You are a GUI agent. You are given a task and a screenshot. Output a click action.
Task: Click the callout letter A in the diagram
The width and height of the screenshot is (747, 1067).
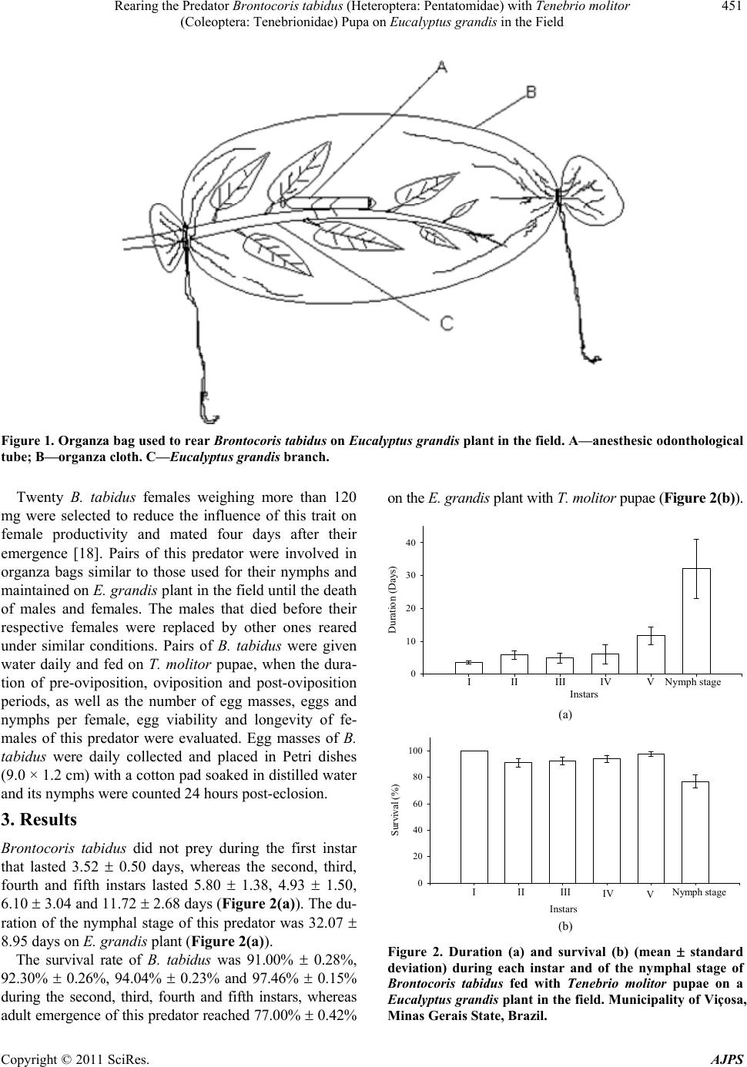click(x=441, y=67)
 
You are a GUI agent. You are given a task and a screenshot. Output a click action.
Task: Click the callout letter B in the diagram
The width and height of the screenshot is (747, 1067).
click(x=531, y=91)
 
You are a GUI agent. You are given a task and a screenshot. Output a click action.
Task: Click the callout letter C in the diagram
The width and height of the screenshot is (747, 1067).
click(x=447, y=323)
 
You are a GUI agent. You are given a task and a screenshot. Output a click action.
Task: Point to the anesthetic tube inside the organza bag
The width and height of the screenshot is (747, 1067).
click(x=330, y=202)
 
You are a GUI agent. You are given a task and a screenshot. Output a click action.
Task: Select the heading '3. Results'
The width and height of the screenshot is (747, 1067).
click(x=39, y=820)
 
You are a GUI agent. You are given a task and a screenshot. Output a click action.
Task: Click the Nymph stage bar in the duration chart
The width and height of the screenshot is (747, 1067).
click(x=696, y=621)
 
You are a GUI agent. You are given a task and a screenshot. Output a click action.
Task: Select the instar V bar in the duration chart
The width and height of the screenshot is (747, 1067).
click(x=651, y=654)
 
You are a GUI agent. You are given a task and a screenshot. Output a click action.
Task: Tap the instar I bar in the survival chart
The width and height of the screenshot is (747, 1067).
click(x=474, y=817)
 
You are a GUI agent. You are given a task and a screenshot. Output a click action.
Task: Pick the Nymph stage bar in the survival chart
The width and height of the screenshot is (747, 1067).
click(x=695, y=832)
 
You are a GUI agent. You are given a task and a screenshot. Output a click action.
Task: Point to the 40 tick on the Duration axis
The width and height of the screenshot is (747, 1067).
click(x=410, y=543)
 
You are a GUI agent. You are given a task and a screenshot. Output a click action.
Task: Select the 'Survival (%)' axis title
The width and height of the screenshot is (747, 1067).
click(x=395, y=810)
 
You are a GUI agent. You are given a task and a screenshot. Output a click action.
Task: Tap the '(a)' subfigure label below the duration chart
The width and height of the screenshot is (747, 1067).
click(x=564, y=714)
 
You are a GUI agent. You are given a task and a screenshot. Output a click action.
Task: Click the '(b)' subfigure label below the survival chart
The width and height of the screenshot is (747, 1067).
click(x=564, y=926)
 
